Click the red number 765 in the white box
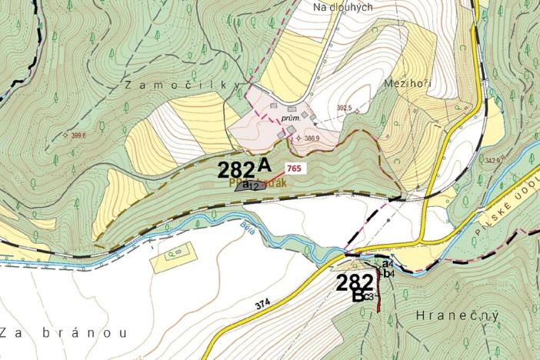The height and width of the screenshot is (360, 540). tap(292, 168)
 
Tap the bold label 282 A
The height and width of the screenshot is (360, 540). tap(245, 168)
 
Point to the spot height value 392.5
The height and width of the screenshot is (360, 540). tap(343, 108)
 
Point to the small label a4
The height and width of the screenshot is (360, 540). tap(388, 264)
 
